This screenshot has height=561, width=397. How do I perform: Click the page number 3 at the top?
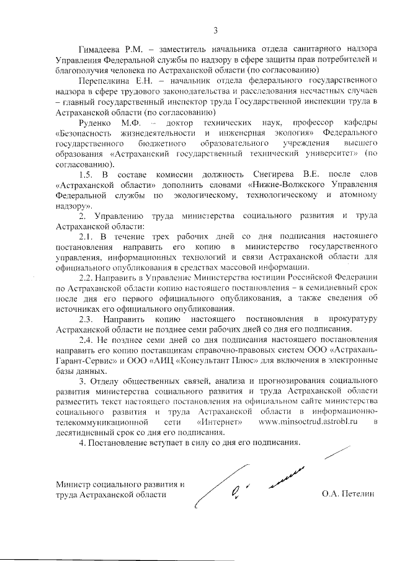pyautogui.click(x=215, y=30)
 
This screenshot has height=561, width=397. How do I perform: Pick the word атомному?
pyautogui.click(x=354, y=197)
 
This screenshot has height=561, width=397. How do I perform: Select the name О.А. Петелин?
pyautogui.click(x=349, y=494)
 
